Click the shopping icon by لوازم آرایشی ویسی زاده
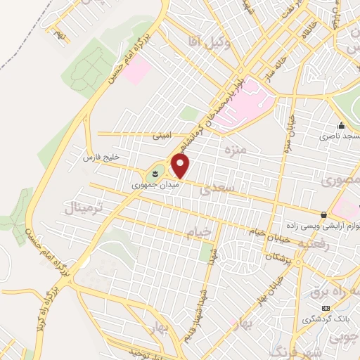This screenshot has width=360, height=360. [323, 214]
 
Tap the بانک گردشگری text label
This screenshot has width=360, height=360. [327, 318]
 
